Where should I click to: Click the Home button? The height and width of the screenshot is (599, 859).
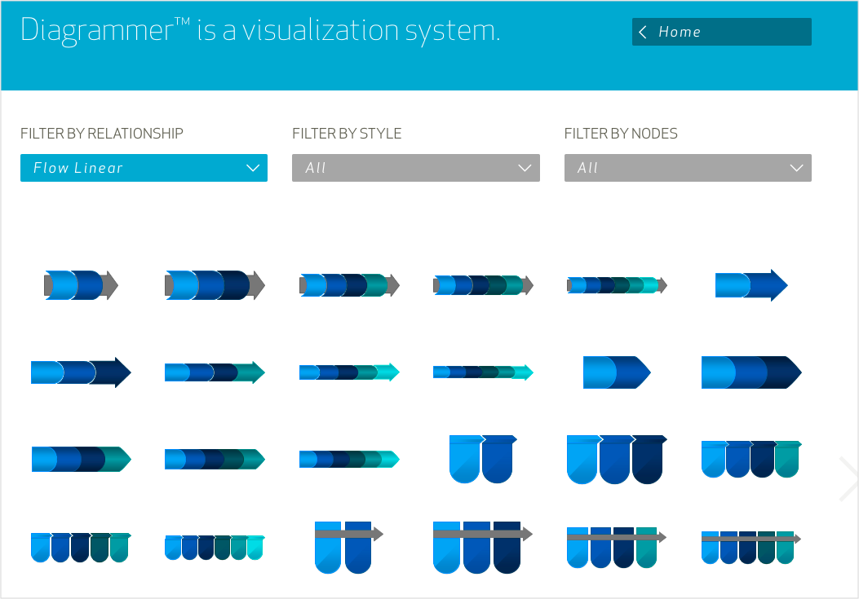(x=721, y=32)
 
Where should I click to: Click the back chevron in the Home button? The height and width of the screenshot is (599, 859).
(x=643, y=32)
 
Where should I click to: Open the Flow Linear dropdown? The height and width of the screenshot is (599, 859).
(x=144, y=168)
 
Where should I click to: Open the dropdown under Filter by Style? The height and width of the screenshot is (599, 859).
(x=415, y=168)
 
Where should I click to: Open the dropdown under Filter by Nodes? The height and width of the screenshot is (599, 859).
(x=688, y=168)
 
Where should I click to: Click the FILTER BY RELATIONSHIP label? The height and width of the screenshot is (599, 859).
(x=102, y=134)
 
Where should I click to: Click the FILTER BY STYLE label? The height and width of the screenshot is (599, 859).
(x=347, y=134)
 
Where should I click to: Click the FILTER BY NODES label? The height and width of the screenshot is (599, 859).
(x=621, y=134)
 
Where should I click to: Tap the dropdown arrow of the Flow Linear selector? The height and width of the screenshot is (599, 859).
(x=252, y=168)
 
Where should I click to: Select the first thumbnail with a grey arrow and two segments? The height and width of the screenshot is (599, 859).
(x=81, y=285)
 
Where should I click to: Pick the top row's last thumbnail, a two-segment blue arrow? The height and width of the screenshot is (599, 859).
(x=751, y=285)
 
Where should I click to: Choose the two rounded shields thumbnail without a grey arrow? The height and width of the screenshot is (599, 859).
(x=483, y=458)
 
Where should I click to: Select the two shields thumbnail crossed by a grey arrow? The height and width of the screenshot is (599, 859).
(x=348, y=546)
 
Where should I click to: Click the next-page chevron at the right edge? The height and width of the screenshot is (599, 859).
(x=848, y=478)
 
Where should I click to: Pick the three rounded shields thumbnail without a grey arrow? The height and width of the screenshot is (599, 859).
(x=617, y=459)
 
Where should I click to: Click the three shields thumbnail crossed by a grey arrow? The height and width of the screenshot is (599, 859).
(x=482, y=547)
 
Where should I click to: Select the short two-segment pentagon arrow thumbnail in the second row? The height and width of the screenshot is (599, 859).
(x=617, y=372)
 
